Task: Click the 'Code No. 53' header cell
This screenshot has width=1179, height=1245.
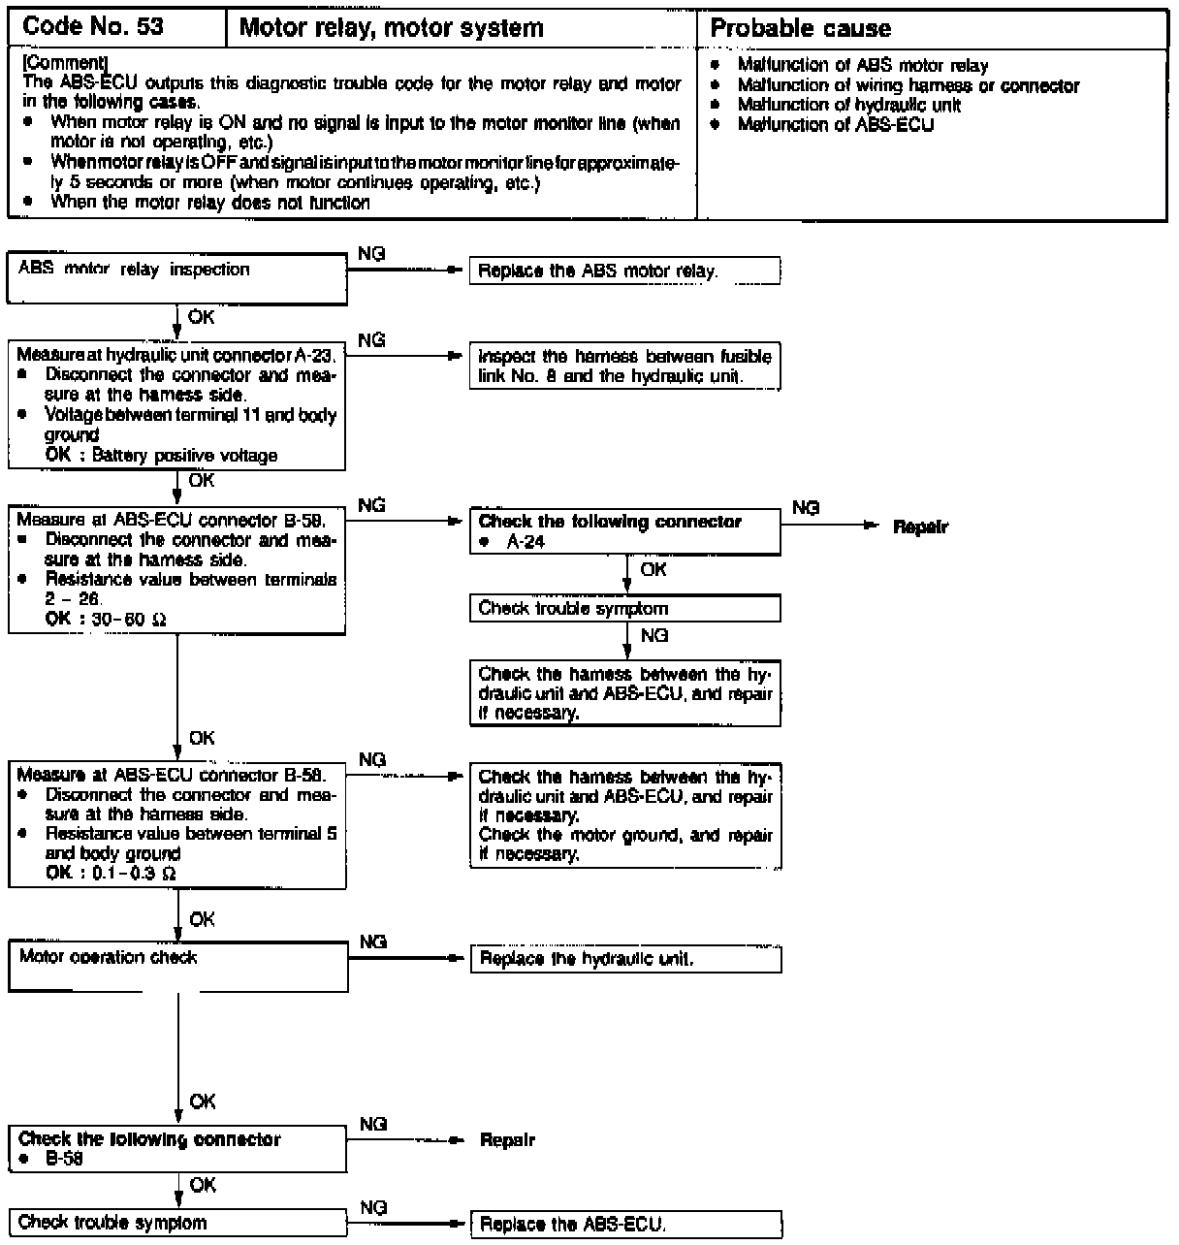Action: (93, 27)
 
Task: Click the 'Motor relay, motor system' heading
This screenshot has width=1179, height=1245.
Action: (391, 28)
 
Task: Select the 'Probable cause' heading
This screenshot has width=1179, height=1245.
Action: (800, 29)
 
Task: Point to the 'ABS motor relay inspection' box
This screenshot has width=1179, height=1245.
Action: (177, 277)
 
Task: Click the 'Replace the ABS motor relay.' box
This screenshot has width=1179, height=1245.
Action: (624, 271)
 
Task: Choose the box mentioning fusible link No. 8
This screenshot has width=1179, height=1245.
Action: (624, 367)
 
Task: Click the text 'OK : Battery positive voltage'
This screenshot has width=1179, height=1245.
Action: (161, 456)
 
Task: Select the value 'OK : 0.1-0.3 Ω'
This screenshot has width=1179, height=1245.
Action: (111, 874)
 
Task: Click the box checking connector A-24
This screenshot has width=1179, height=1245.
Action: (624, 532)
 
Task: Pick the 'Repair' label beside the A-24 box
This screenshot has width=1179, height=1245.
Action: (920, 527)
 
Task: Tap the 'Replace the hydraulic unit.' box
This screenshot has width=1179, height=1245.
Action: (624, 960)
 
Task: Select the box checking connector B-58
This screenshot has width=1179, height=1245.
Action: (177, 1149)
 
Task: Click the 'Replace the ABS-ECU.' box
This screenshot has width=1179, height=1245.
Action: (624, 1225)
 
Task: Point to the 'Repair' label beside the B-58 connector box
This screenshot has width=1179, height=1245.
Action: (507, 1140)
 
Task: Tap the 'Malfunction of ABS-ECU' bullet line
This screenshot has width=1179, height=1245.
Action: (835, 124)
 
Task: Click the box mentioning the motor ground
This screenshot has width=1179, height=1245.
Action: (624, 815)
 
